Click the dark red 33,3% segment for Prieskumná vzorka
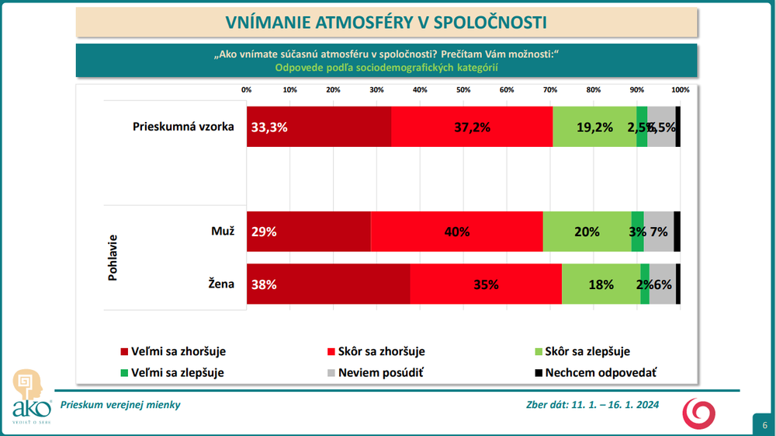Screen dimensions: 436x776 pos(319,127)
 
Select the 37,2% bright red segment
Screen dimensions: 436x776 pos(472,127)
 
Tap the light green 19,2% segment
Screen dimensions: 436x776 pos(594,127)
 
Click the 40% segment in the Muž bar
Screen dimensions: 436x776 pos(456,232)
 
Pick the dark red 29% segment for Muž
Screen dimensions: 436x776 pos(309,232)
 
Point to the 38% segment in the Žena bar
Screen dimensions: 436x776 pos(328,284)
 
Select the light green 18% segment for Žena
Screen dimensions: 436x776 pos(601,284)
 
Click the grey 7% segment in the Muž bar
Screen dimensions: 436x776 pos(659,232)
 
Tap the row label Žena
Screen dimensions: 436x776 pos(221,284)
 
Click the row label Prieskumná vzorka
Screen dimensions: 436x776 pos(183,127)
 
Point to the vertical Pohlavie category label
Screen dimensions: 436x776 pos(113,257)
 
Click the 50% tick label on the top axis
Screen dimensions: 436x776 pos(463,89)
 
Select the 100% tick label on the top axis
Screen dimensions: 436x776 pos(680,89)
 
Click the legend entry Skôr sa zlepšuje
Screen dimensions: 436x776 pos(592,352)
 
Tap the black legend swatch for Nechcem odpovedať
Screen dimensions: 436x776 pos(538,373)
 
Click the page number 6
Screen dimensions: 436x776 pos(764,424)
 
